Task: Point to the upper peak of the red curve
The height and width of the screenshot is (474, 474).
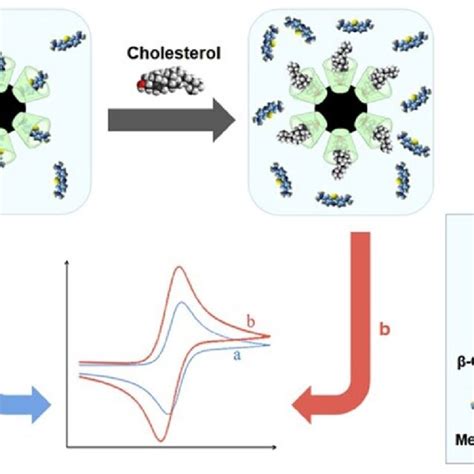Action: click(x=179, y=270)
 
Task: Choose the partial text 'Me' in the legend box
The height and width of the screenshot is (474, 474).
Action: click(x=460, y=437)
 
